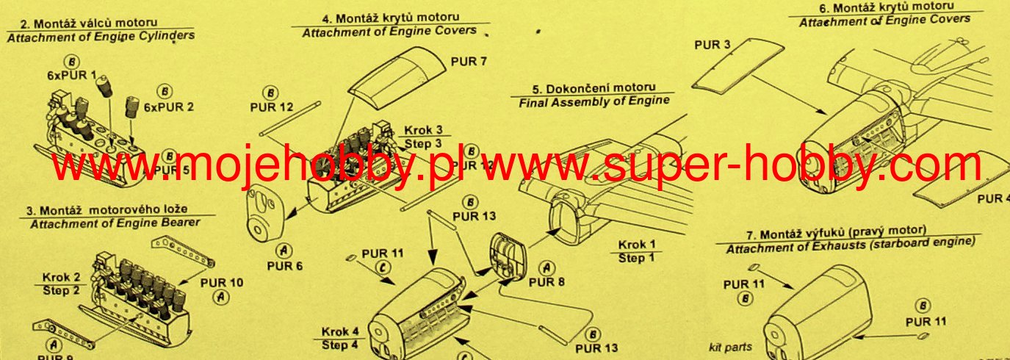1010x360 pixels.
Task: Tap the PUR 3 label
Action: pos(712,45)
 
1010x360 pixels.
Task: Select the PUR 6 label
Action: pos(284,265)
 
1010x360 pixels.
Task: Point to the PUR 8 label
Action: pos(547,281)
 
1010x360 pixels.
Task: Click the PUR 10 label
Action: pos(221,283)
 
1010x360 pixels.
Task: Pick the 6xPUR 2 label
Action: pos(169,107)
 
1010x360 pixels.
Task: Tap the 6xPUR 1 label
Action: pos(73,75)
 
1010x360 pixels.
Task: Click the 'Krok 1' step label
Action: pos(636,245)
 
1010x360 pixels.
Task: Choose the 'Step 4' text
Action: pos(340,345)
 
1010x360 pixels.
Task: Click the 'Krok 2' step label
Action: pos(62,277)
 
